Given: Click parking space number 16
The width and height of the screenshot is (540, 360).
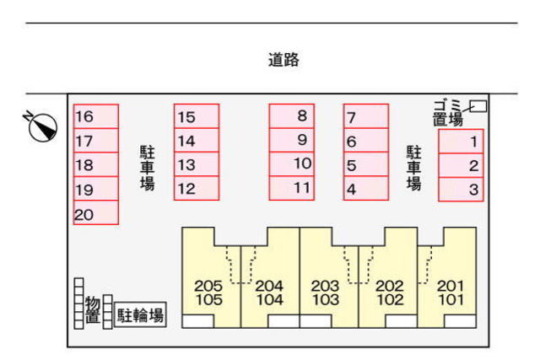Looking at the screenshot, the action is point(96,116).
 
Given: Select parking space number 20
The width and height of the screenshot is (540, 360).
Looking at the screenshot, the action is point(96,212).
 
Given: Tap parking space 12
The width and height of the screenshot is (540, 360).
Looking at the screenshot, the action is point(197,188).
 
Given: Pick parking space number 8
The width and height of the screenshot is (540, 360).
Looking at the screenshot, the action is point(292,116).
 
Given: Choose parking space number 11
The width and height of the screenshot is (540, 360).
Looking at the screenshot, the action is point(292,188).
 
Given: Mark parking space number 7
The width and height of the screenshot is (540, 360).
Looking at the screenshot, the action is point(366,116).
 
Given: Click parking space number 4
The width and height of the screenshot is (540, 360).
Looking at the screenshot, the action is point(366,188).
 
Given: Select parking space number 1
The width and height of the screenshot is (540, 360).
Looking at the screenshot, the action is point(462,142).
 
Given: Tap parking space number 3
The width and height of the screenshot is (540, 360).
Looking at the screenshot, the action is point(462,190).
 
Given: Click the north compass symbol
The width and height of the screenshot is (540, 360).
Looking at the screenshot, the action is point(41,126).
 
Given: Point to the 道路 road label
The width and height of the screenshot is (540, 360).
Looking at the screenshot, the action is point(283,60).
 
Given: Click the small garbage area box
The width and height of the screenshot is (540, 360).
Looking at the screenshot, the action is point(478,106).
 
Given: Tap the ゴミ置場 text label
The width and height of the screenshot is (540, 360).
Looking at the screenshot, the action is point(448,112).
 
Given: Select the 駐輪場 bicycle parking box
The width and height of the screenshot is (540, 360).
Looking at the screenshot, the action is point(140,315).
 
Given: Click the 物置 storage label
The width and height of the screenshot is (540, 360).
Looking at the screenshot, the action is point(93,309).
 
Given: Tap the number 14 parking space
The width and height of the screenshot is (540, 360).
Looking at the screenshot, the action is point(197,140).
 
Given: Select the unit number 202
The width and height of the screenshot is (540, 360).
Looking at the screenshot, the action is point(390,286).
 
